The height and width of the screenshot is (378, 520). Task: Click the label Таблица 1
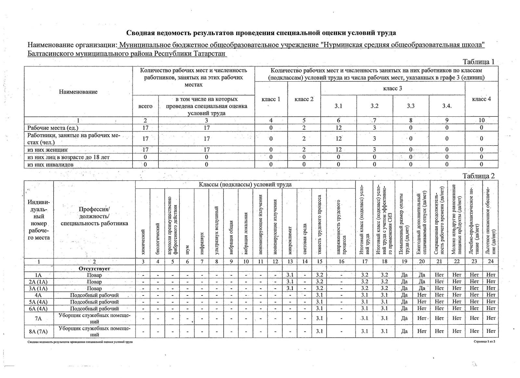click(x=478, y=62)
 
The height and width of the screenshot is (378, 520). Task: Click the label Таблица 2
click(x=478, y=176)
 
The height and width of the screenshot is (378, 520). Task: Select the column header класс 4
click(x=481, y=99)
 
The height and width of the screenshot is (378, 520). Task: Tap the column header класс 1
click(x=271, y=99)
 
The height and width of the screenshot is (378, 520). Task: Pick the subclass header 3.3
click(x=411, y=106)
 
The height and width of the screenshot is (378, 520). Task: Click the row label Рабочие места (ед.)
click(x=53, y=128)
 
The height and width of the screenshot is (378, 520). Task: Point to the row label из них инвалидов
click(x=50, y=164)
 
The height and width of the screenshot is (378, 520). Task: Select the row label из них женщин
click(x=47, y=150)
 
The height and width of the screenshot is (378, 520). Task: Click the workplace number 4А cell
click(x=38, y=295)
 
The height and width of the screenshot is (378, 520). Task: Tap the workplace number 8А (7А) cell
click(x=38, y=331)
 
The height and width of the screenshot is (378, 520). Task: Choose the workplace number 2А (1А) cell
click(x=38, y=281)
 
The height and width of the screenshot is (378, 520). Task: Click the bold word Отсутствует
click(x=94, y=269)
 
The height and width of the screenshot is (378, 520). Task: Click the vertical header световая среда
click(x=305, y=239)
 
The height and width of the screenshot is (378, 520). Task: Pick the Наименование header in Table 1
click(x=78, y=92)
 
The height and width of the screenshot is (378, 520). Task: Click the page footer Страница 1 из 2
click(x=484, y=342)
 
